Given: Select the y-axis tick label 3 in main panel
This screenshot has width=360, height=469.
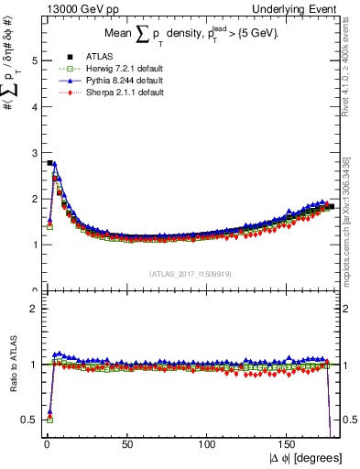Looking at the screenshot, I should click(33, 153).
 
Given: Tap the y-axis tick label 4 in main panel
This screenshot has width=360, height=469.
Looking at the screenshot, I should click(33, 107).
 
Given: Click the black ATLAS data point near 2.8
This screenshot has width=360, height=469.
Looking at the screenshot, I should click(49, 163).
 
